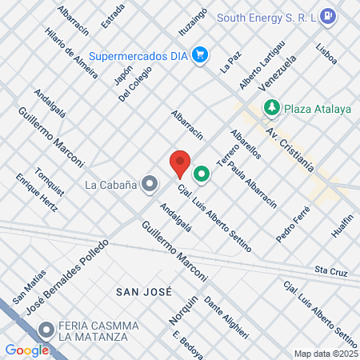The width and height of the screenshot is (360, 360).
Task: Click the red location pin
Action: click(x=180, y=163)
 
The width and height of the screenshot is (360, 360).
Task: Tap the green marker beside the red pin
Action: click(x=202, y=172)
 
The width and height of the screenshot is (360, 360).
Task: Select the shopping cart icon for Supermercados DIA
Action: click(x=200, y=55)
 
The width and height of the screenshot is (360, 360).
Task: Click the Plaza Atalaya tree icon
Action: click(x=272, y=107)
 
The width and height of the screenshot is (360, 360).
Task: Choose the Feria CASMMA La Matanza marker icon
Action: click(x=46, y=329)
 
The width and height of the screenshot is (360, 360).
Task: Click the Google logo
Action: click(x=27, y=350)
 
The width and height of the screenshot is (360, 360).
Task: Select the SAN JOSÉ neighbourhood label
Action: click(x=143, y=292)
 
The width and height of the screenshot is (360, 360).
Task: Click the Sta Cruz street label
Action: click(x=331, y=271)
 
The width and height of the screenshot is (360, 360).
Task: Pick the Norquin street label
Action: click(x=183, y=310)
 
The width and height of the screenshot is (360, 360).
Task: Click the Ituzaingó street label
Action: click(x=193, y=24)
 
